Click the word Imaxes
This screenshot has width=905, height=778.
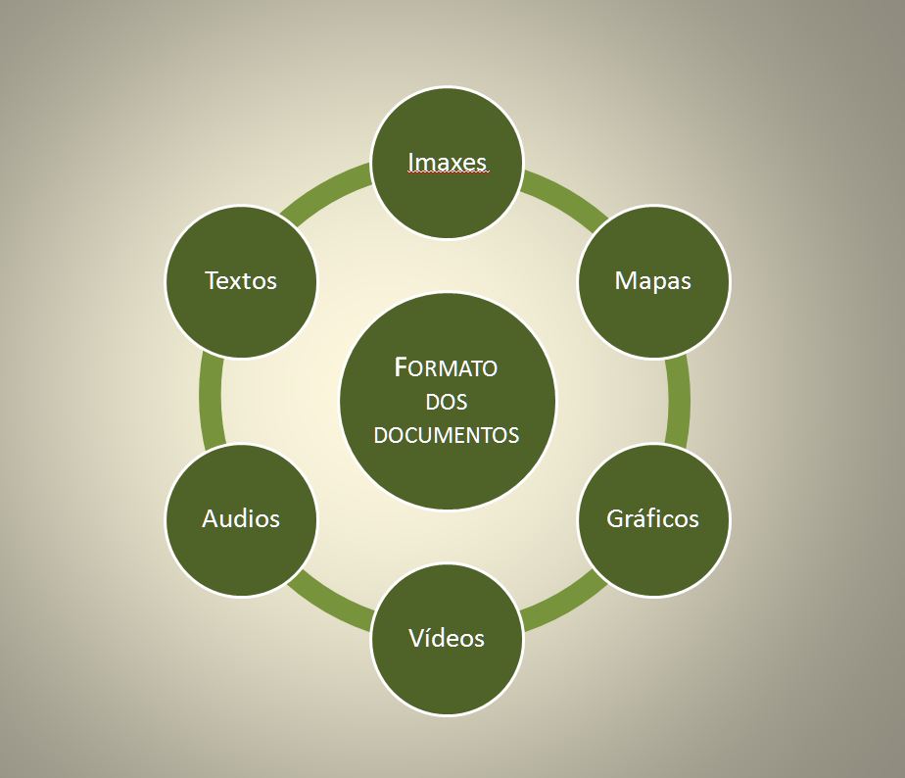coord(448,161)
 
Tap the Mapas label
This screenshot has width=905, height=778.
coord(653,280)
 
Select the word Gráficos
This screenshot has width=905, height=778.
coord(653,518)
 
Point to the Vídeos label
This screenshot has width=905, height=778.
coord(447,638)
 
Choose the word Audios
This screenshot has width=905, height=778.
coord(241,518)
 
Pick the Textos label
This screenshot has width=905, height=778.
coord(241,280)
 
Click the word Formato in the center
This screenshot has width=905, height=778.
coord(447,368)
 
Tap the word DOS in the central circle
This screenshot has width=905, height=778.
coord(447,402)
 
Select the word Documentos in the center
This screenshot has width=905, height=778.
coord(447,435)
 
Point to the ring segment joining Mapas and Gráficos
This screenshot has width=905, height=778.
coord(678,400)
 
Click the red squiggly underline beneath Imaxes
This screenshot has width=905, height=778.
coord(448,173)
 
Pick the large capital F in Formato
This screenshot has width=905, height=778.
coord(401,367)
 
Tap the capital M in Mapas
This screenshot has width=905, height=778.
coord(625,280)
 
